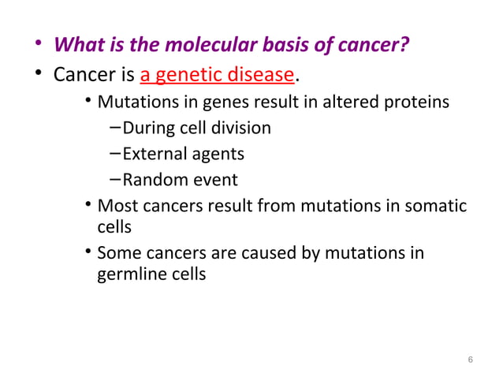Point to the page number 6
coord(470,360)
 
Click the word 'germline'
coord(131,274)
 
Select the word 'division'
coord(240,127)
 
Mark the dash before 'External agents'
coord(115,152)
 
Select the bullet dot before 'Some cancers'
coord(89,253)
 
